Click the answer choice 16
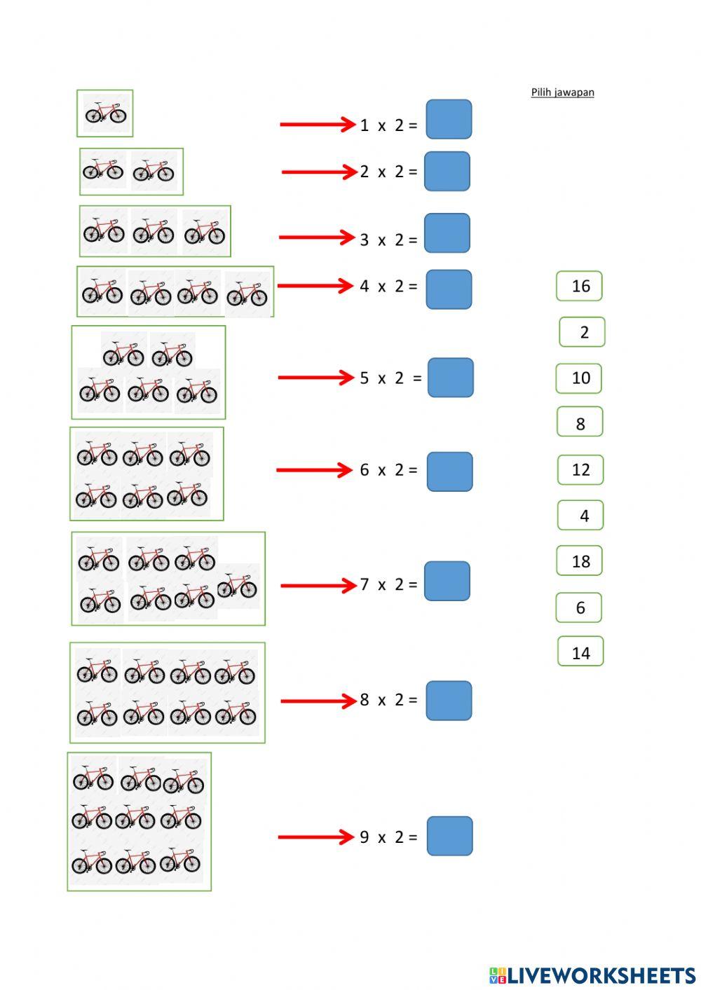click(x=580, y=286)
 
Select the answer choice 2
click(x=582, y=332)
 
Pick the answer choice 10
click(x=580, y=378)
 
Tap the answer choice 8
click(x=580, y=422)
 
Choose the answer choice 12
click(x=580, y=469)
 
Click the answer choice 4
click(x=581, y=516)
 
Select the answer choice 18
click(x=580, y=561)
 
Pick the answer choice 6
click(x=579, y=607)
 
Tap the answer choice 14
click(x=580, y=652)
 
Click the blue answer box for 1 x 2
click(x=449, y=119)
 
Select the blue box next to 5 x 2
click(x=450, y=378)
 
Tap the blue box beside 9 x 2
click(x=449, y=836)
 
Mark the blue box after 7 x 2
click(x=447, y=581)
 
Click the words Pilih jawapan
click(x=562, y=92)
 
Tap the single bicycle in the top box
click(x=105, y=113)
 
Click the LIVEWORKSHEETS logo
click(x=592, y=975)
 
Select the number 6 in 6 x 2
click(x=364, y=470)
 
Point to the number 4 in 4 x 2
click(x=364, y=286)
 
